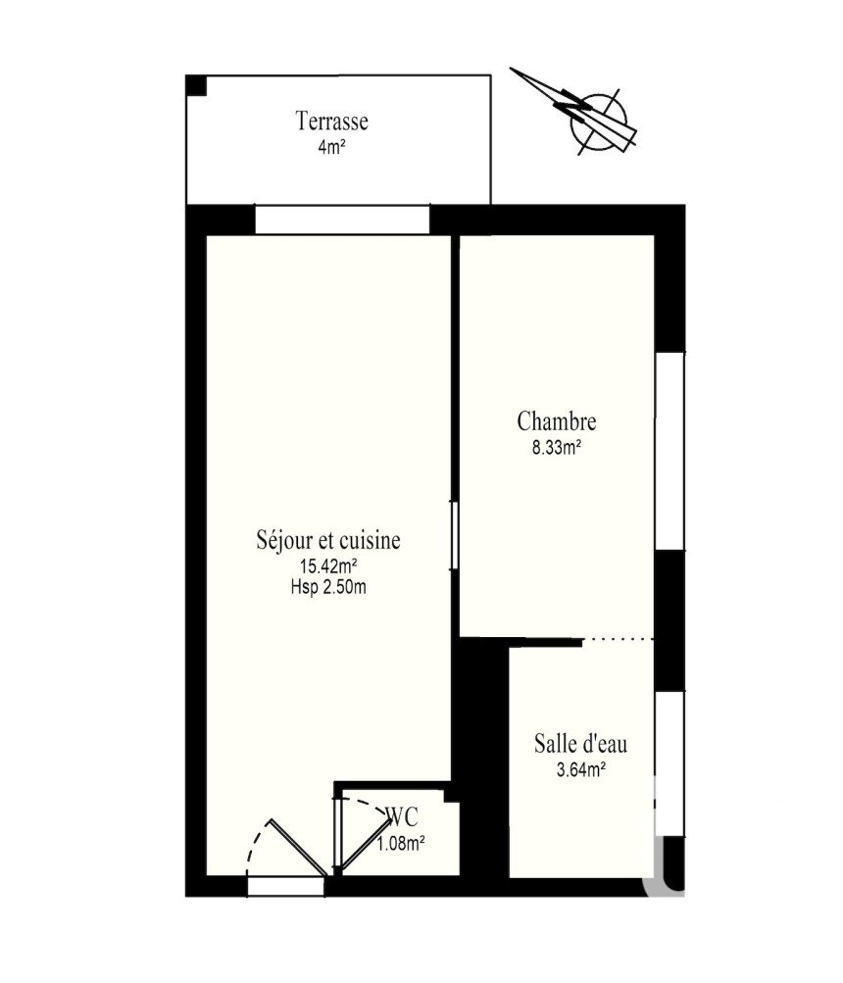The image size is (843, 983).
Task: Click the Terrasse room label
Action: [331, 121]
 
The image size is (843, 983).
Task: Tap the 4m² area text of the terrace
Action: [331, 148]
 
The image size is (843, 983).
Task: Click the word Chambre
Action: [557, 421]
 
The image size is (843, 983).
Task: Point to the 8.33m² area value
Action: [556, 448]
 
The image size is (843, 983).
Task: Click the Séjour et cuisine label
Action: [328, 540]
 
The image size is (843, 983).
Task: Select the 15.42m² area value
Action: [328, 566]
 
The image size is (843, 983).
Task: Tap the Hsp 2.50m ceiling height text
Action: [328, 587]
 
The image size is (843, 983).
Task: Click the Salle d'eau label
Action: [580, 744]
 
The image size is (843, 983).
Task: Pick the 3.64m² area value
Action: [581, 770]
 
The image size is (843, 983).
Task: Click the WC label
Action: [403, 816]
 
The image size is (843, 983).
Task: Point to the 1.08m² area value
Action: [401, 844]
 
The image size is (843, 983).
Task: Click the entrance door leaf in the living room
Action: [298, 847]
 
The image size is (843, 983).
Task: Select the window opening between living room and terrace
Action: [342, 220]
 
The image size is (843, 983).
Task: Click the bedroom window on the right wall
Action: [669, 452]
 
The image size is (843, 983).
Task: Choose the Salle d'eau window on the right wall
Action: [669, 762]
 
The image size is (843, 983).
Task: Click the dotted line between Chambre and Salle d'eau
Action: [619, 639]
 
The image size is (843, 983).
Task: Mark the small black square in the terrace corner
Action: [196, 85]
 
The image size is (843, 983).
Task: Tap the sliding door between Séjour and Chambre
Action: [455, 535]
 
